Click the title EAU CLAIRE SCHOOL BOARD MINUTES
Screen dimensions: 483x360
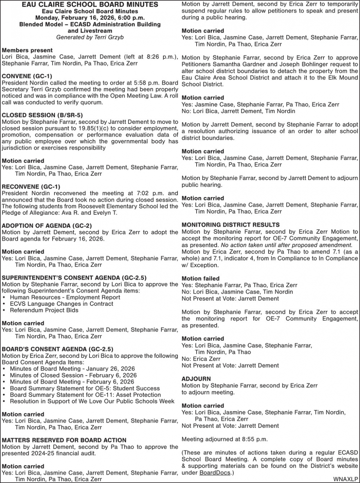90,5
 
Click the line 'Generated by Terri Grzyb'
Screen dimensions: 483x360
90,37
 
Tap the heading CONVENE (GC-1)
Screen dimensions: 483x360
27,76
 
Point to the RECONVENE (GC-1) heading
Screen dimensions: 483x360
31,186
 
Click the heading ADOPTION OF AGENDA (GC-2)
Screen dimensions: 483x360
47,225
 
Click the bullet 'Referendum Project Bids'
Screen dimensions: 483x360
44,310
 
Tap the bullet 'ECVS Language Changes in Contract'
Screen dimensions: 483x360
61,304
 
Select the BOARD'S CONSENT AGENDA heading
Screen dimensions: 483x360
57,349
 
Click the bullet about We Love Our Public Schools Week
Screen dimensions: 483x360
92,401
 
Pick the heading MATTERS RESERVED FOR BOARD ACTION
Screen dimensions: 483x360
64,440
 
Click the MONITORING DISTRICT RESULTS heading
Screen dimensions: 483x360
230,225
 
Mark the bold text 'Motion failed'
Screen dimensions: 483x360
200,278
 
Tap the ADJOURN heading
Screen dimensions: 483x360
196,379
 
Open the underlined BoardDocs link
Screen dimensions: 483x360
215,472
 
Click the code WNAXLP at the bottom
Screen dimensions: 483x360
346,479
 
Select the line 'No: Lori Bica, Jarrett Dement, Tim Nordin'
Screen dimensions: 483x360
238,111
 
